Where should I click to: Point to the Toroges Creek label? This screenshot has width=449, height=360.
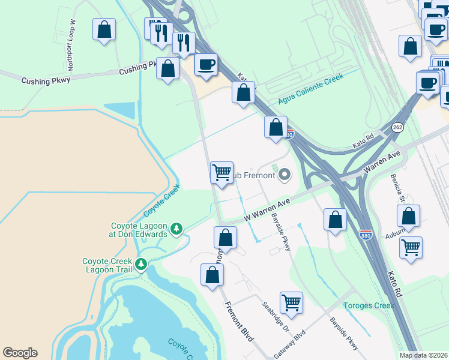[369, 305]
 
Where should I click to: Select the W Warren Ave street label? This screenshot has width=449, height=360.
[266, 212]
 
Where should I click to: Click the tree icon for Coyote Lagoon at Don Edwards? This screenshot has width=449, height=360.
[176, 229]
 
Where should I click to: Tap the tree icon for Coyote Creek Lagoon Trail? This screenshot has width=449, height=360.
[141, 264]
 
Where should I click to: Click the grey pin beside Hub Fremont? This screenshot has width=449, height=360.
[285, 175]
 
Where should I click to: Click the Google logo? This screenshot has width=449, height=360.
[20, 353]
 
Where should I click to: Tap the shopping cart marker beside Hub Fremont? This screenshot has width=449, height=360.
[221, 173]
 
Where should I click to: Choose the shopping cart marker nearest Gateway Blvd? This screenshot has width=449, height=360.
[291, 302]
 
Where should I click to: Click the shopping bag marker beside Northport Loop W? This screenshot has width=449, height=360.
[104, 29]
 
